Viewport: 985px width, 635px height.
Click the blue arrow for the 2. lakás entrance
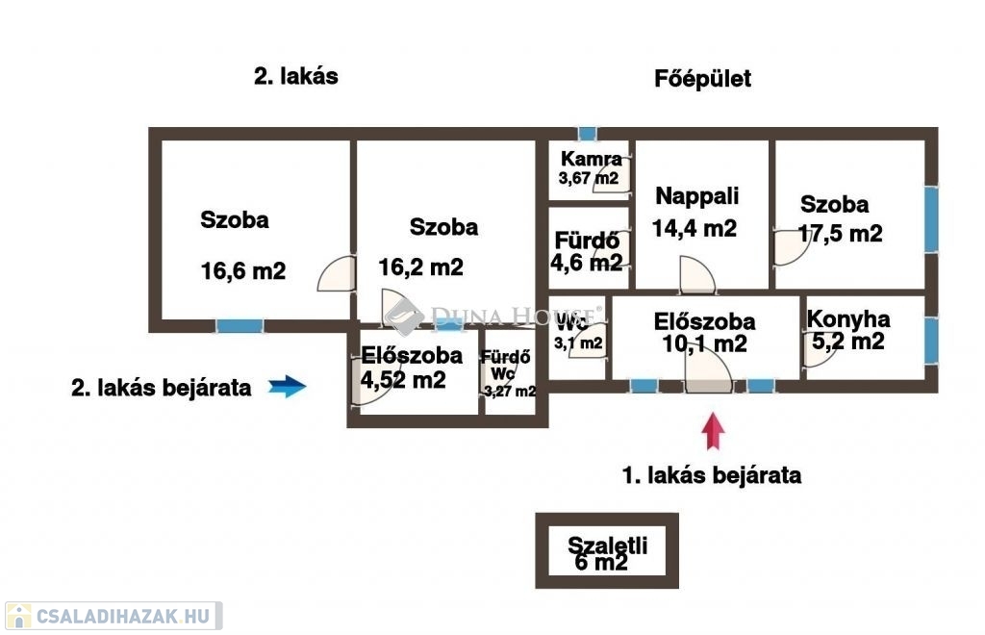click(x=287, y=386)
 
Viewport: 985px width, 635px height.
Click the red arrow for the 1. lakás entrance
click(x=713, y=431)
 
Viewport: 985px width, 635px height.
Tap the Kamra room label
click(x=592, y=159)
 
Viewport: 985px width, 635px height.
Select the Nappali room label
click(x=696, y=196)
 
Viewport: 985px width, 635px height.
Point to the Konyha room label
click(x=848, y=319)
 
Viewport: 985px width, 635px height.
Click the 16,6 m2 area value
click(x=243, y=270)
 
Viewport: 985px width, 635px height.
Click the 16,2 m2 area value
click(x=420, y=267)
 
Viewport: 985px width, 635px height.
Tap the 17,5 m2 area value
click(x=840, y=234)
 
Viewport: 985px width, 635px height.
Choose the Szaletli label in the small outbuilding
click(x=607, y=545)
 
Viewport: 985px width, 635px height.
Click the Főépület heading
click(x=702, y=79)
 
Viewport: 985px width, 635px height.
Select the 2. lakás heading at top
click(x=296, y=76)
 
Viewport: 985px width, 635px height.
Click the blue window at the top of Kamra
click(x=588, y=134)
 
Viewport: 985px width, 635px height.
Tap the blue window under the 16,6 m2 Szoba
click(x=240, y=326)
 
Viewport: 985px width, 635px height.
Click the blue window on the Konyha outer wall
click(x=931, y=341)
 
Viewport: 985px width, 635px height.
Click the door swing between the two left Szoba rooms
click(x=337, y=274)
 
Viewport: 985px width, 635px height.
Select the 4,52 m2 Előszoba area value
click(x=403, y=379)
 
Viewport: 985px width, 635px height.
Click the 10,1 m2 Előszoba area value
click(x=704, y=343)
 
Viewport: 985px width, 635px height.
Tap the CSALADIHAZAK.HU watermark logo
click(x=114, y=616)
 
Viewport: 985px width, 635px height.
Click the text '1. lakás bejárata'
click(x=712, y=475)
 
